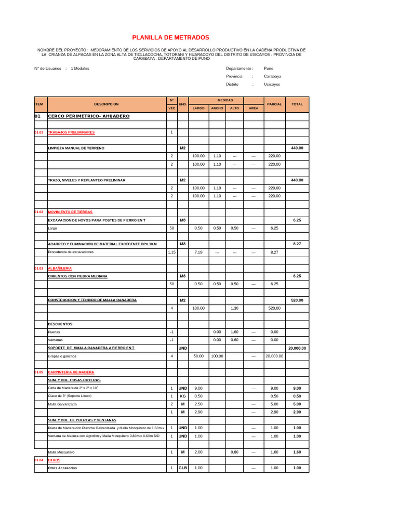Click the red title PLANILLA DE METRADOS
[x=170, y=37]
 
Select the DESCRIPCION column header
[x=107, y=104]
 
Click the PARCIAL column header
[x=274, y=104]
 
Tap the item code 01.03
[x=39, y=268]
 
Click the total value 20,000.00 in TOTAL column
[x=297, y=348]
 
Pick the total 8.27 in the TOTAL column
[x=297, y=244]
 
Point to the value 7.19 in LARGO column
[x=198, y=252]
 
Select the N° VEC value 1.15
[x=171, y=252]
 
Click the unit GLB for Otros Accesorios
[x=183, y=468]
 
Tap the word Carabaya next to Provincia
[x=272, y=76]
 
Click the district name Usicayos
[x=272, y=84]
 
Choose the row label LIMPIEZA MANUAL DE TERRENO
[x=76, y=149]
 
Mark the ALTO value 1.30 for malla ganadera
[x=234, y=308]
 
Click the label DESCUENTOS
[x=60, y=324]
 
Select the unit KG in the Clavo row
[x=183, y=396]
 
